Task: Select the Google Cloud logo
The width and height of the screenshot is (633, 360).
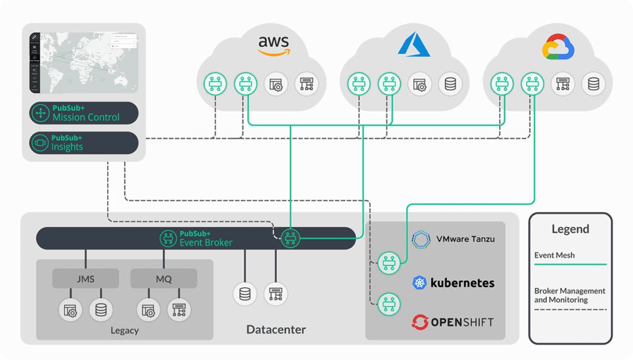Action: (558, 47)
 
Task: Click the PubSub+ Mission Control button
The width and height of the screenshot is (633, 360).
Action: (84, 113)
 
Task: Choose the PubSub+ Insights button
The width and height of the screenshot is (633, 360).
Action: (84, 143)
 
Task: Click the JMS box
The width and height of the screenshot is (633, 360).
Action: (85, 279)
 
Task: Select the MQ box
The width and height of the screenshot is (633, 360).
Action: (163, 279)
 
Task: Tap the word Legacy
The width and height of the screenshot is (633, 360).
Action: (124, 330)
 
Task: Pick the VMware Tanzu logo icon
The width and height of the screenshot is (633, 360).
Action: (420, 239)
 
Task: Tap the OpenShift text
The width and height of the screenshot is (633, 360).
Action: (462, 322)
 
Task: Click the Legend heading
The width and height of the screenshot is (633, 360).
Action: (570, 229)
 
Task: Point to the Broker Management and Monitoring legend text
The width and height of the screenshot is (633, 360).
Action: (569, 295)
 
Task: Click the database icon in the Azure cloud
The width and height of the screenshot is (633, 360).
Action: (450, 84)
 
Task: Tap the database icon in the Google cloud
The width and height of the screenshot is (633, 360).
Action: (593, 84)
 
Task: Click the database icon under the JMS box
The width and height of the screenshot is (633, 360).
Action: (101, 309)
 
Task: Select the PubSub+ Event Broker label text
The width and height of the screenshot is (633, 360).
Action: (206, 238)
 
